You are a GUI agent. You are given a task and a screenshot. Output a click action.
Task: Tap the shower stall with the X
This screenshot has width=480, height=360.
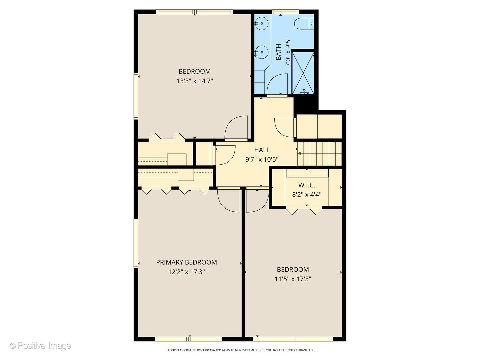pos(303,72)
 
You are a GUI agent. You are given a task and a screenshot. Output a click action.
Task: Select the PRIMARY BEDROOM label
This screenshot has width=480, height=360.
pos(186,262)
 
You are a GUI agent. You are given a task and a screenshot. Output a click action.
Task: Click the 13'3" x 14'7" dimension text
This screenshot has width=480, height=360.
pos(195,81)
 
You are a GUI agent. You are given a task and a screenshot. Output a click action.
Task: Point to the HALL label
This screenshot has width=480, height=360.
pos(262,150)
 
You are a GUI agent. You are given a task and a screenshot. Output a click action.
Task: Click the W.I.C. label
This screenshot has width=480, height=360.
pos(307,185)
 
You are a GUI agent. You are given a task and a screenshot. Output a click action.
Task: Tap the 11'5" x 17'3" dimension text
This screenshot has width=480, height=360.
pos(293,279)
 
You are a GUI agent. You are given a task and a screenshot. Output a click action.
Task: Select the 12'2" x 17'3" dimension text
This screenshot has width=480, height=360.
pos(186,272)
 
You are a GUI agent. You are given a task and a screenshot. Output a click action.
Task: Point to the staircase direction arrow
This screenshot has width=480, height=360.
pos(299,154)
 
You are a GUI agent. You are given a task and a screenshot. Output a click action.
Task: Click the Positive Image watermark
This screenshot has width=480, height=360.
pos(40,346)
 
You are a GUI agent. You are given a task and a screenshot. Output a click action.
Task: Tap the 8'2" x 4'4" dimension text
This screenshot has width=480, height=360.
pos(307,195)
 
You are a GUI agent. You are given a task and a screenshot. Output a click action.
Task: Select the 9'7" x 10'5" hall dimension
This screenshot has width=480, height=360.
pos(262,160)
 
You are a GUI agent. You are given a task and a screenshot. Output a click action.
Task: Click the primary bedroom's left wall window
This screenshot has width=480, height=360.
pos(136,243)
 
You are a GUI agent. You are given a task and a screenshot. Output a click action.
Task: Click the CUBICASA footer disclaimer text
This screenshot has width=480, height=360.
pos(240,350)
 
